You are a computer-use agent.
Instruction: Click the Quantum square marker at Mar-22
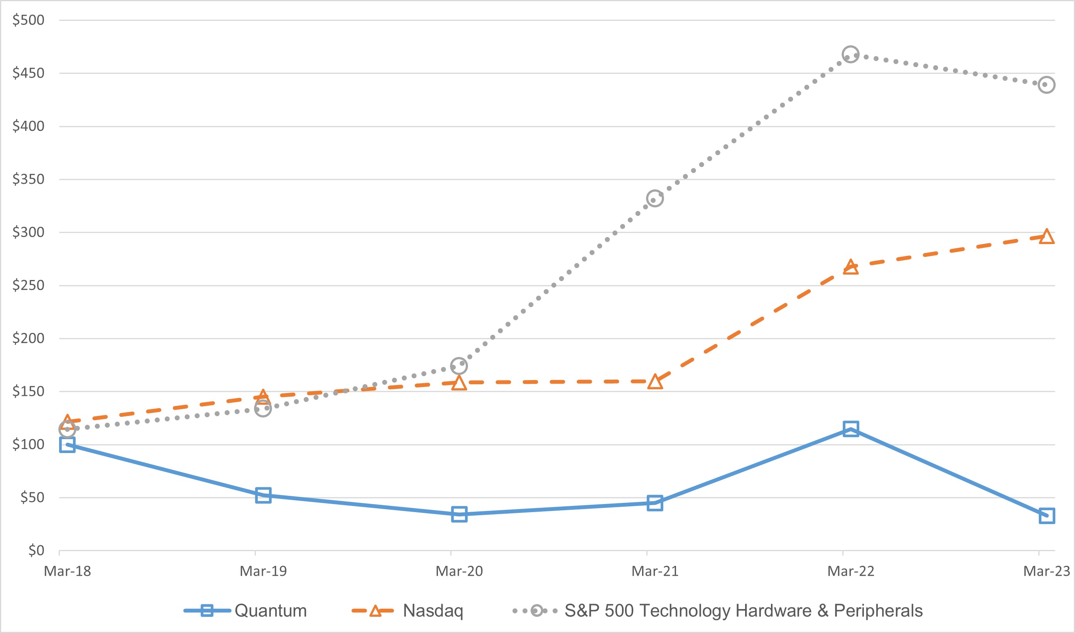click(850, 429)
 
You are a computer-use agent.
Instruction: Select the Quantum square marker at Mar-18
click(67, 445)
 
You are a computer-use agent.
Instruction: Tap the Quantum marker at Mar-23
click(1046, 516)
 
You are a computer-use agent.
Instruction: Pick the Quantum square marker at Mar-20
click(459, 514)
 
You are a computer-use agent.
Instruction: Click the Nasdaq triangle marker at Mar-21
click(655, 382)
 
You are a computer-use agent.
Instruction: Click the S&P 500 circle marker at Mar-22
click(850, 54)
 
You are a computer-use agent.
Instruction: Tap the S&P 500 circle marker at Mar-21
click(655, 199)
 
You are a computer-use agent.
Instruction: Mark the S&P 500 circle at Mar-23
click(1046, 85)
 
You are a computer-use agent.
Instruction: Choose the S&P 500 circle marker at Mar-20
click(459, 366)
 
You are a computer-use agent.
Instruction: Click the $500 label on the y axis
click(28, 20)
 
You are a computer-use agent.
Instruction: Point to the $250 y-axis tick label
click(28, 285)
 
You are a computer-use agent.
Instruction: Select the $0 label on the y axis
click(36, 550)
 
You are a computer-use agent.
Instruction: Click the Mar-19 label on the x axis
click(263, 571)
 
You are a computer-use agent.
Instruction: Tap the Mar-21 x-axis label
click(655, 571)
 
